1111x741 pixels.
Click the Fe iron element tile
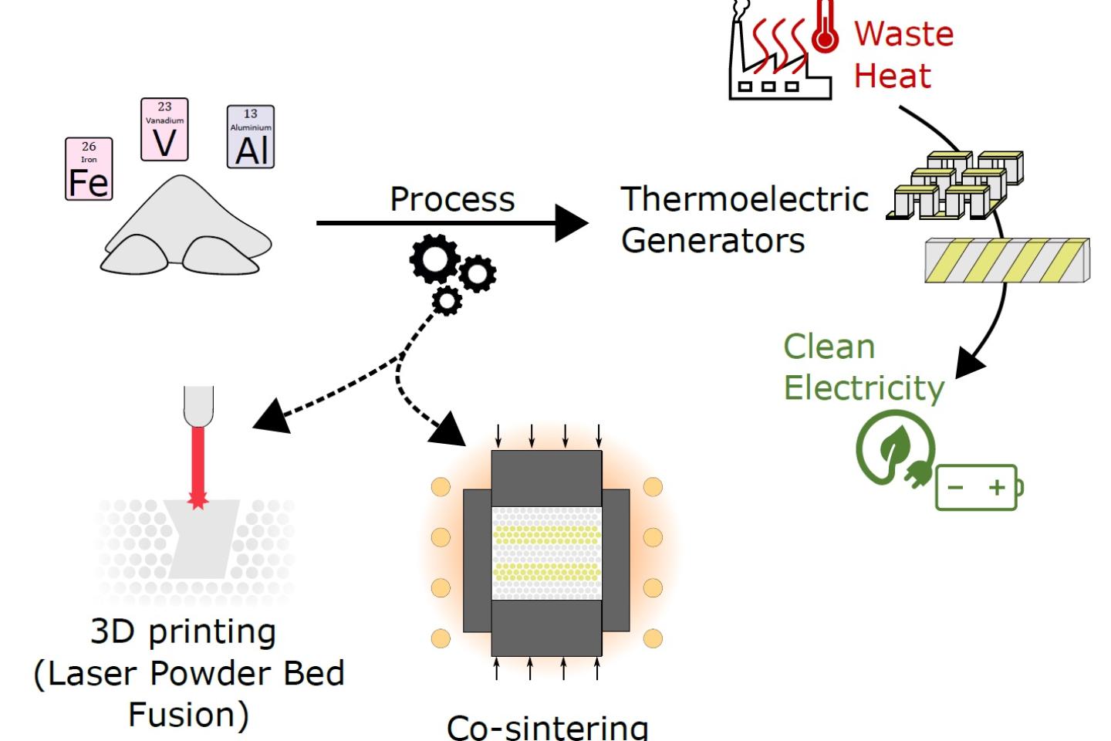coord(89,169)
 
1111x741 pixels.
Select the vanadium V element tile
coord(164,130)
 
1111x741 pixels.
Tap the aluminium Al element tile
coord(251,137)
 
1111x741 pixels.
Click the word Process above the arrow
coord(452,199)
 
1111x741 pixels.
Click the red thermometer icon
coord(826,28)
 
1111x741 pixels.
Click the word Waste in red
coord(903,34)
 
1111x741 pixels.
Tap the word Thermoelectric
coord(745,199)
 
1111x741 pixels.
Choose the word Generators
coord(713,240)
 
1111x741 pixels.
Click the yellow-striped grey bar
coord(1007,260)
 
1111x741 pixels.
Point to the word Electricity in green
coord(863,387)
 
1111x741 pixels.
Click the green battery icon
coord(979,487)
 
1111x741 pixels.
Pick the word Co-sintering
coord(547,727)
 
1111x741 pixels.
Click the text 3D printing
coord(184,632)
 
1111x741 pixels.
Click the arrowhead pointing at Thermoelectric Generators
coord(572,223)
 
